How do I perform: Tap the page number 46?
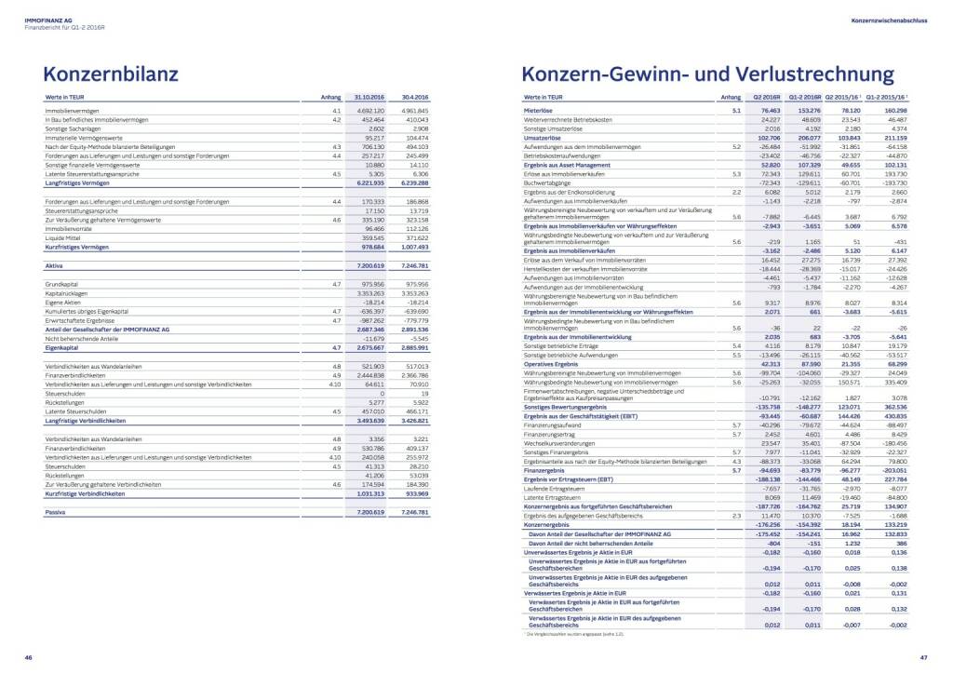pyautogui.click(x=29, y=657)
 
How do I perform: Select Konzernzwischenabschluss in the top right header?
pyautogui.click(x=889, y=19)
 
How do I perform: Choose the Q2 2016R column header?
pyautogui.click(x=766, y=97)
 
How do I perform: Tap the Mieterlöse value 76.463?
pyautogui.click(x=769, y=111)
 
